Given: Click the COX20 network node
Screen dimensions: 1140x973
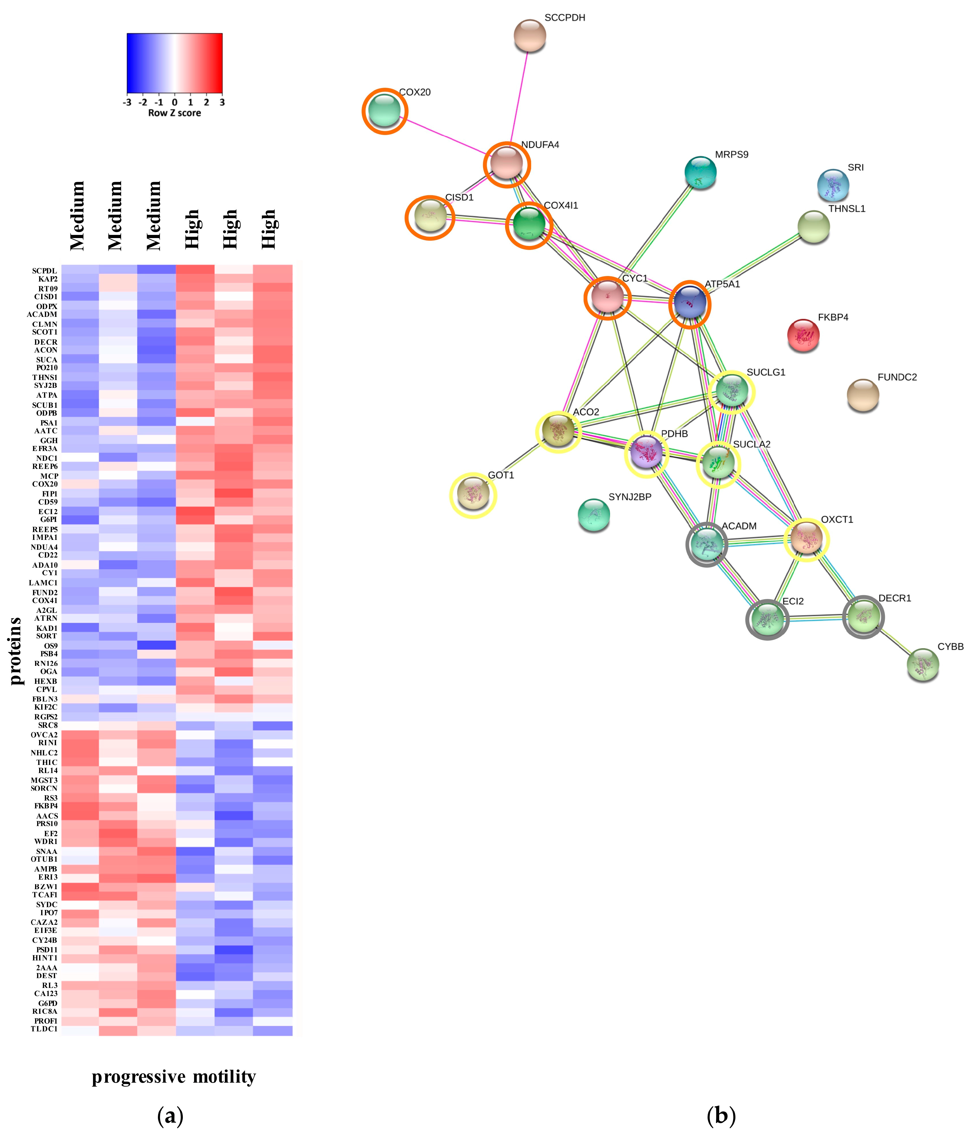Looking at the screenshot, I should tap(385, 111).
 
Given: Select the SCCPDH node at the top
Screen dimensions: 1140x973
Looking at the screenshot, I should tap(529, 36).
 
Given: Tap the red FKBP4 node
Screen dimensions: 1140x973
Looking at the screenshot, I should tap(803, 335).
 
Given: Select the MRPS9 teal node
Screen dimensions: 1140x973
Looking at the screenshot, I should tap(700, 172).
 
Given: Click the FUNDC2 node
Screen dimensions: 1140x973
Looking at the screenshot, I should tap(862, 394).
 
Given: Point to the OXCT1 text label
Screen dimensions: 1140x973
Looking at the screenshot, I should tap(837, 519).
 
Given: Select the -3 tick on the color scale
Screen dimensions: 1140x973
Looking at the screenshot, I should tap(127, 102).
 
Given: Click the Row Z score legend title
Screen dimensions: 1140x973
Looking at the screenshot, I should tap(174, 113).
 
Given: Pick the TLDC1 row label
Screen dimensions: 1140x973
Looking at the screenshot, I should tap(44, 1029).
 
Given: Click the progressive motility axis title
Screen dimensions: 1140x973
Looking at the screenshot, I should tap(174, 1077).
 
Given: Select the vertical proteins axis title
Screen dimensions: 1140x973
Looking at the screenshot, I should tap(15, 651).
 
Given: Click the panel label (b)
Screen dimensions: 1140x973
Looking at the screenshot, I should tap(721, 1116).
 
